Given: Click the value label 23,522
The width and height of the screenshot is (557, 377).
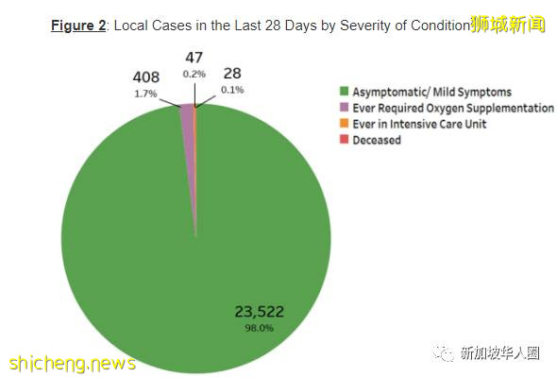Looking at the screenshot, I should coord(260,311).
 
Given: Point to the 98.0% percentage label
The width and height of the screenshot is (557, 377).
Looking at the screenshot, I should coord(260,328).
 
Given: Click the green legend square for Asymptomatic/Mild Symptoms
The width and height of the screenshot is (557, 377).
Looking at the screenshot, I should coord(345,93).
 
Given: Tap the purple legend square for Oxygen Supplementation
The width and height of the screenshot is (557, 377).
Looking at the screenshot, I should coord(345,109).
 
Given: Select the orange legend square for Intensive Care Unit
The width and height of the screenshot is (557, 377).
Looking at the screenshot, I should coord(345,125).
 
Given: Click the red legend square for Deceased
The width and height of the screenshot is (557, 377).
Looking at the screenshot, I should coord(345,141).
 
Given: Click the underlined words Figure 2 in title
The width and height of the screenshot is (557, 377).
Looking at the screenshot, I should coord(78,26).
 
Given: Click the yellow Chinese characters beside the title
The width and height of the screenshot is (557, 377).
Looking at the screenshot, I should coord(508,24).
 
